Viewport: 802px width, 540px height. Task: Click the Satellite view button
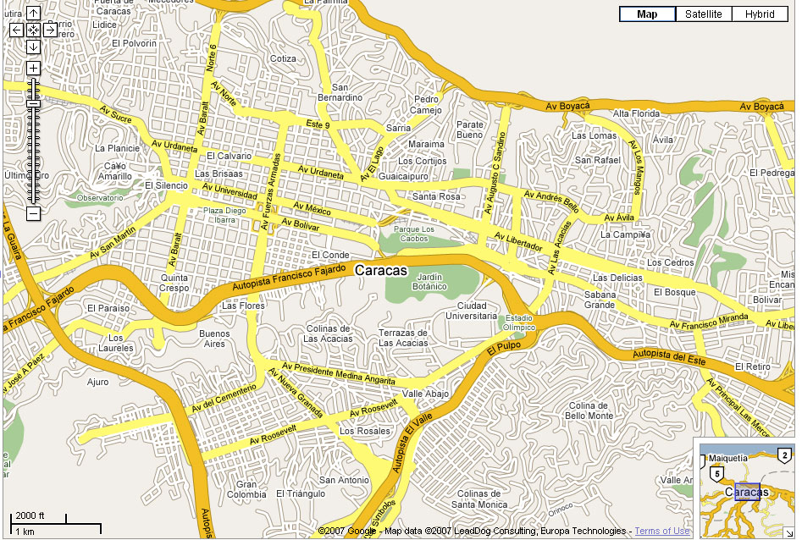tap(704, 14)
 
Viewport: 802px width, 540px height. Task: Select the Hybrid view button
tap(760, 14)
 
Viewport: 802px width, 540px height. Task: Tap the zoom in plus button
tap(33, 68)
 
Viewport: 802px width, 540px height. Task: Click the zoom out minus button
tap(33, 213)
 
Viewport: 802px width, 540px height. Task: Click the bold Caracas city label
tap(381, 271)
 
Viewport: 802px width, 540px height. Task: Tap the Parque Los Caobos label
tap(414, 234)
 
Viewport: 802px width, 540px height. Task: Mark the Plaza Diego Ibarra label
tap(224, 215)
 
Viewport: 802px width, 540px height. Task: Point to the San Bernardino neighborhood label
tap(346, 92)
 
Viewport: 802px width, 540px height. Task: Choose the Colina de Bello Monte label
tap(589, 411)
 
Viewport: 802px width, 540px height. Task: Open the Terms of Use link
tap(662, 532)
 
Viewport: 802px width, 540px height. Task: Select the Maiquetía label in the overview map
tap(728, 458)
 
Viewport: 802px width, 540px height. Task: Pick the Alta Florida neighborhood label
tap(636, 113)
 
